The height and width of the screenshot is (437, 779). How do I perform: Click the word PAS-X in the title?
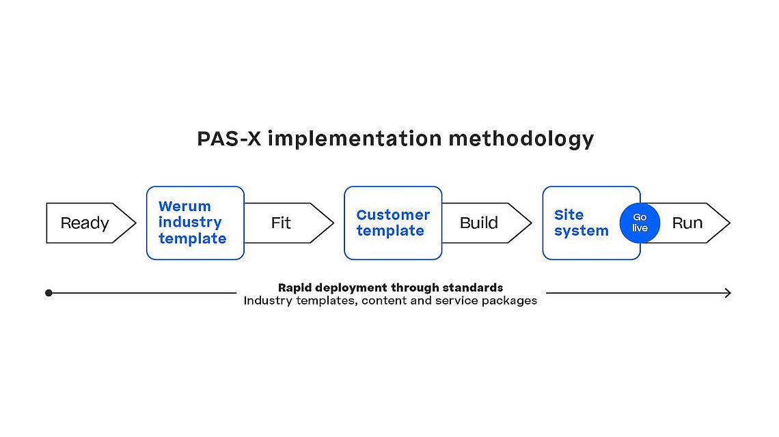(229, 139)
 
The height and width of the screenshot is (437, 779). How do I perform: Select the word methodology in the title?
(521, 139)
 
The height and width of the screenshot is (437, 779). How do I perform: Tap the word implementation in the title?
(355, 139)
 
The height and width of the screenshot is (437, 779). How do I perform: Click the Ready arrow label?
(85, 223)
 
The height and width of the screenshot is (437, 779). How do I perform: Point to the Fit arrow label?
(281, 223)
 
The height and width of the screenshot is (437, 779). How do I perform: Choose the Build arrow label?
(478, 223)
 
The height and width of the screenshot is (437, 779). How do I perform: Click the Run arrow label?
(687, 223)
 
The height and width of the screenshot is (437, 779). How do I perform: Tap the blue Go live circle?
(640, 223)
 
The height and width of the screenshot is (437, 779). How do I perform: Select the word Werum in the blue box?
(184, 206)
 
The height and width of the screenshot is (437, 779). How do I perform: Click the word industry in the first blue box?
(190, 223)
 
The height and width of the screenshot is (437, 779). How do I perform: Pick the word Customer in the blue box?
(393, 214)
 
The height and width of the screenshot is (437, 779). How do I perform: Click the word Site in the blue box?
(569, 214)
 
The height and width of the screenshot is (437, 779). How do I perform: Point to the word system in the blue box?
(582, 231)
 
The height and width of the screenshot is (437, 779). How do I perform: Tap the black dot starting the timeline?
(49, 293)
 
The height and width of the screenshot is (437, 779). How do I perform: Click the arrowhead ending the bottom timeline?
(728, 293)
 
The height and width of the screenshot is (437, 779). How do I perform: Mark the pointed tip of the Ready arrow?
(135, 223)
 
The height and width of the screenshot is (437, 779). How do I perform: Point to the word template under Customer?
(390, 231)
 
